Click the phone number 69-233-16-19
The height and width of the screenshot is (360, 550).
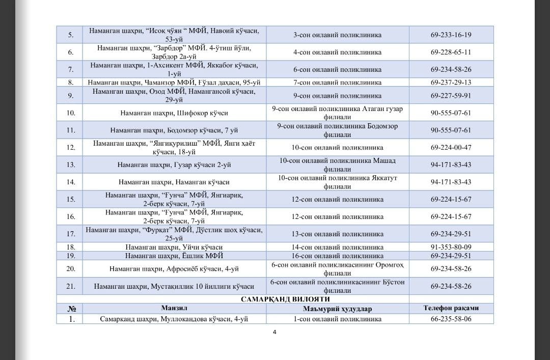[x=451, y=35]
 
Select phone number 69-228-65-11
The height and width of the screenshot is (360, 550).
[x=451, y=52]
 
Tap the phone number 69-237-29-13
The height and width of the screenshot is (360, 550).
[x=451, y=82]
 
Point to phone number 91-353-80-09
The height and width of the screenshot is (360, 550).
[x=451, y=247]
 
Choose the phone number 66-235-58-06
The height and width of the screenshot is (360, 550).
[x=451, y=319]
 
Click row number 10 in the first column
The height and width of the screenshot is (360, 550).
[x=71, y=113]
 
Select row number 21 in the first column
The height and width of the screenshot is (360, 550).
[x=71, y=287]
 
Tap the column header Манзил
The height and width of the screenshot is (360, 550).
[x=175, y=309]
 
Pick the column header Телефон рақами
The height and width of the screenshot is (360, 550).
[x=451, y=309]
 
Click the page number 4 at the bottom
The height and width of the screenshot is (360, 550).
[x=274, y=333]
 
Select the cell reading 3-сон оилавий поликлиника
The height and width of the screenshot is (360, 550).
[x=337, y=35]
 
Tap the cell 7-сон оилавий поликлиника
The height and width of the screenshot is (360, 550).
[x=337, y=82]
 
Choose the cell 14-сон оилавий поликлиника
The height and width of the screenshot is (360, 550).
[x=337, y=247]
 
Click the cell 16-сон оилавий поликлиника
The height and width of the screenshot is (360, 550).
[x=337, y=256]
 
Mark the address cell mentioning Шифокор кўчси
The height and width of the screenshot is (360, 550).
[x=174, y=113]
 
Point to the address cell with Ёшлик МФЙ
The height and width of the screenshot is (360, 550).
[x=174, y=256]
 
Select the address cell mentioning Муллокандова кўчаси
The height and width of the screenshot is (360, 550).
[x=174, y=319]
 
